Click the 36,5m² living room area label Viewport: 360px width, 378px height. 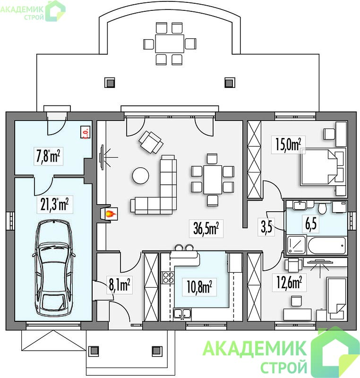click(206, 228)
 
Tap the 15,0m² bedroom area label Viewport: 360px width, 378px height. click(288, 145)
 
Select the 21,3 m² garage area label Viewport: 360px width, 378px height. click(54, 204)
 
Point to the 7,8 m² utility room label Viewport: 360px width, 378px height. click(48, 156)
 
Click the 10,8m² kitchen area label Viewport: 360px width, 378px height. click(199, 287)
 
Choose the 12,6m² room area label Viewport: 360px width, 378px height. click(289, 282)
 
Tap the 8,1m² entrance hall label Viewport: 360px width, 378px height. click(120, 285)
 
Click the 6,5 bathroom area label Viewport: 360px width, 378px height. click(311, 224)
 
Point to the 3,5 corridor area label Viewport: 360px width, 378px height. click(266, 227)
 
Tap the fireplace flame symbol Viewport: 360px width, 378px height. click(111, 213)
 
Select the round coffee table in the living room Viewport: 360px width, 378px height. click(140, 176)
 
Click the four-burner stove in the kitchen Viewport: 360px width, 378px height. click(168, 277)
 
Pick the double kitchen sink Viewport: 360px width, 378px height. click(182, 313)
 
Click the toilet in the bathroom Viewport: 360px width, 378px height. click(322, 208)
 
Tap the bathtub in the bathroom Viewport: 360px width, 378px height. click(327, 245)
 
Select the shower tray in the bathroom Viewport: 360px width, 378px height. click(296, 245)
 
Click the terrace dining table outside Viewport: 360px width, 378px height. click(170, 43)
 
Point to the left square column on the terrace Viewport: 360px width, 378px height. click(110, 82)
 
